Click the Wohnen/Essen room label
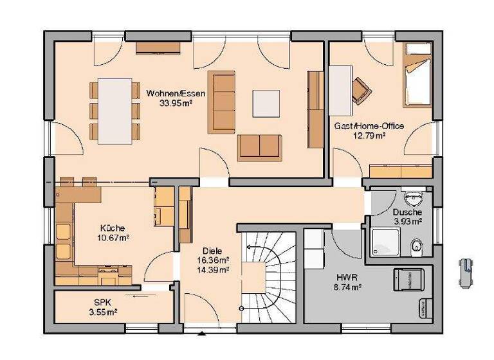(x=176, y=94)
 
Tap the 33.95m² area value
(x=176, y=104)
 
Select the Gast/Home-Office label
(x=369, y=126)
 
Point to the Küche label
(x=112, y=228)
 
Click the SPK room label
(x=102, y=303)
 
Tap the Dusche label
(x=408, y=212)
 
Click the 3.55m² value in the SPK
(x=102, y=313)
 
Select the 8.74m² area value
(x=346, y=287)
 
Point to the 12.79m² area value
(x=369, y=136)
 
